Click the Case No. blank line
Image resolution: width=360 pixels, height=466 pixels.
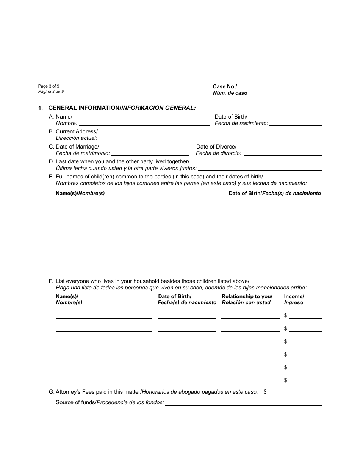click(285, 92)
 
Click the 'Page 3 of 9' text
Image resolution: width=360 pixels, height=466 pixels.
click(49, 86)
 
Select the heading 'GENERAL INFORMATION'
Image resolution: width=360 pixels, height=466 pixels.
click(84, 108)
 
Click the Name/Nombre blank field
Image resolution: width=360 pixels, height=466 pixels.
click(144, 123)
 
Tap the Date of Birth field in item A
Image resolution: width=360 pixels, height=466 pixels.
click(296, 123)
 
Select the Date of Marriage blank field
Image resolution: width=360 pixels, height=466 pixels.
click(150, 153)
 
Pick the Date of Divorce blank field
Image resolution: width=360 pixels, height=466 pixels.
click(283, 153)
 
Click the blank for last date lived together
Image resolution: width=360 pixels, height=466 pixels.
click(260, 168)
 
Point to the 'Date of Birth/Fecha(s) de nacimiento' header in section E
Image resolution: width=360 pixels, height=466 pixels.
click(275, 193)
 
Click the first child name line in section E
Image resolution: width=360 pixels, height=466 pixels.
click(137, 207)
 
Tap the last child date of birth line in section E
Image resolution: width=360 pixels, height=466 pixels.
click(275, 272)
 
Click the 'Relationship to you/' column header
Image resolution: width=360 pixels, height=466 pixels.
click(247, 296)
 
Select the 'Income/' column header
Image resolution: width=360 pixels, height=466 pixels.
click(294, 296)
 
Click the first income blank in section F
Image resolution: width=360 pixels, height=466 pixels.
click(305, 316)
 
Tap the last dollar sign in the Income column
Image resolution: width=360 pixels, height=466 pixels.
click(285, 380)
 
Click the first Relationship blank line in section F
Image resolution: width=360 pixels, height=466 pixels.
click(250, 316)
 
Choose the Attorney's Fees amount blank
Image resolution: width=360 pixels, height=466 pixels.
click(295, 393)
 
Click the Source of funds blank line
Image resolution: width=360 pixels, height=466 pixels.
click(243, 403)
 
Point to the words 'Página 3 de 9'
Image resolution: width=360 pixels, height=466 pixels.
click(51, 92)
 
